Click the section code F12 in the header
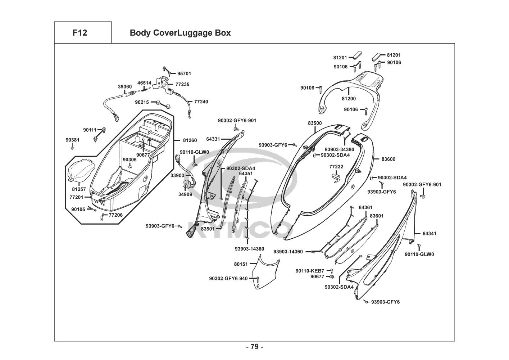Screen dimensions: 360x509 pyautogui.click(x=79, y=33)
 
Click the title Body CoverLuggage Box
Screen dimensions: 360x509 pyautogui.click(x=180, y=33)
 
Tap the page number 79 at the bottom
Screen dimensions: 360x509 pyautogui.click(x=254, y=347)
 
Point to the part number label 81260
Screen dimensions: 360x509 pyautogui.click(x=190, y=140)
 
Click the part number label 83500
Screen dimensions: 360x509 pyautogui.click(x=315, y=123)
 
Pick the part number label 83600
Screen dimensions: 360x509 pyautogui.click(x=388, y=159)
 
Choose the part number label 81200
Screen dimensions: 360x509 pyautogui.click(x=349, y=99)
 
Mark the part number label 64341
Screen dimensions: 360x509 pyautogui.click(x=430, y=233)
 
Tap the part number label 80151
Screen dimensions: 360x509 pyautogui.click(x=241, y=264)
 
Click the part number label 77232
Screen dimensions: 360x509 pyautogui.click(x=336, y=167)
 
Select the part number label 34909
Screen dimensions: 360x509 pyautogui.click(x=185, y=194)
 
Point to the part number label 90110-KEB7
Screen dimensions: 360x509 pyautogui.click(x=310, y=270)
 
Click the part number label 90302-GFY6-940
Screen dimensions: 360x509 pyautogui.click(x=228, y=278)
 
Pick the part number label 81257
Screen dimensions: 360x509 pyautogui.click(x=79, y=189)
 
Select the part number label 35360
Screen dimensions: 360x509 pyautogui.click(x=125, y=87)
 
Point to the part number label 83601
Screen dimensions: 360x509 pyautogui.click(x=377, y=216)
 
